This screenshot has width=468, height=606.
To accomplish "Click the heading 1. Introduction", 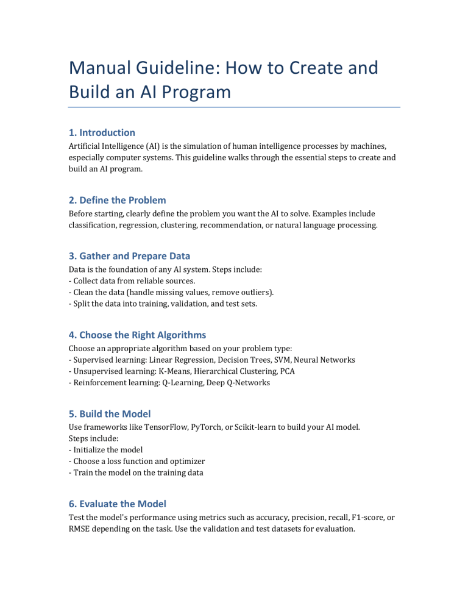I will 102,132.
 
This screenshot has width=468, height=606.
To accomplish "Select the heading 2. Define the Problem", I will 117,200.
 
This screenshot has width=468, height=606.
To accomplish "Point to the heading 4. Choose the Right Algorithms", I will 137,335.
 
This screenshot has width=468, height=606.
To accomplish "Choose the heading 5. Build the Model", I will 110,413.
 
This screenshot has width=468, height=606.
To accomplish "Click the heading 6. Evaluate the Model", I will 117,504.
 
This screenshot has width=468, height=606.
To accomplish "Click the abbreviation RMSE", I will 81,529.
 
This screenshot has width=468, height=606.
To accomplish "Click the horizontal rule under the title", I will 234,107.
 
